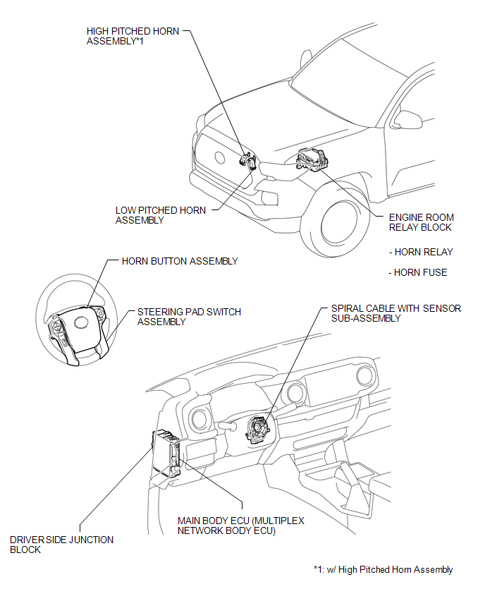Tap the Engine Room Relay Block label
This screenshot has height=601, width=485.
[x=421, y=222]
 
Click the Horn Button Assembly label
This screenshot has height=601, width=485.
[x=180, y=261]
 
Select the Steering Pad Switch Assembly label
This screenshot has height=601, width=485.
[x=188, y=317]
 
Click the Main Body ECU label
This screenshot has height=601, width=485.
[x=241, y=526]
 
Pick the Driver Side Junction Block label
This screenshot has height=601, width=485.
[x=61, y=545]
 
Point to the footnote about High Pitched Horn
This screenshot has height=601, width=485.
[x=383, y=570]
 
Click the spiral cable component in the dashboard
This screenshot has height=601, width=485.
[x=258, y=428]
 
